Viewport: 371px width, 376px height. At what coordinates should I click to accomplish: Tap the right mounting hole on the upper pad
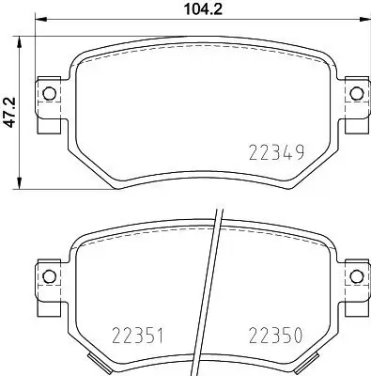click(x=356, y=92)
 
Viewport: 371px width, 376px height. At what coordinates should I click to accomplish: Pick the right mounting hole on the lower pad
click(x=356, y=274)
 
